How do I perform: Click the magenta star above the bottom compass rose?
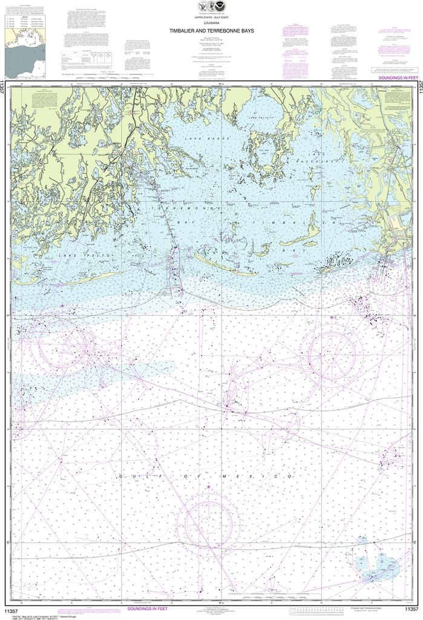[209, 487]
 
